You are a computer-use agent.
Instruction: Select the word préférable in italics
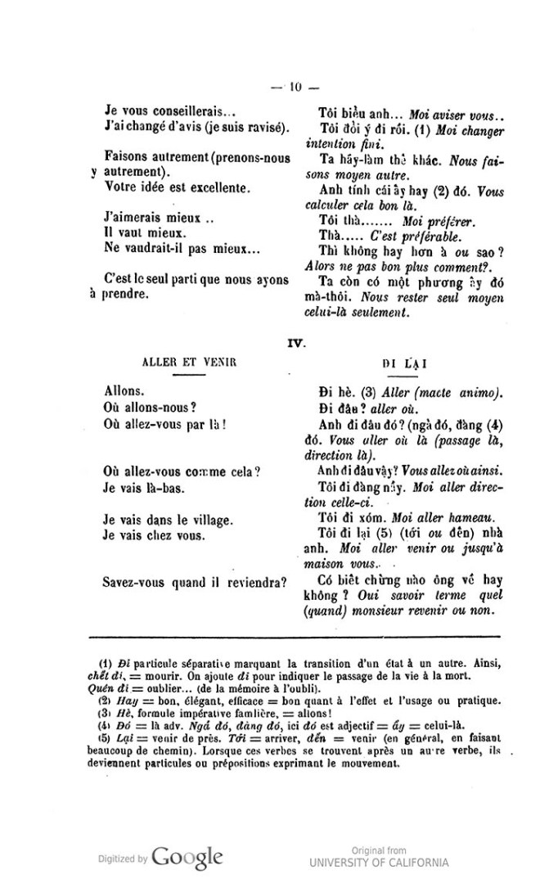pos(449,239)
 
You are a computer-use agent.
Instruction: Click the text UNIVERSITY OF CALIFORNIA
pos(379,862)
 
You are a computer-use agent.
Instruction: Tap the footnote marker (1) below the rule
pos(106,663)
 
